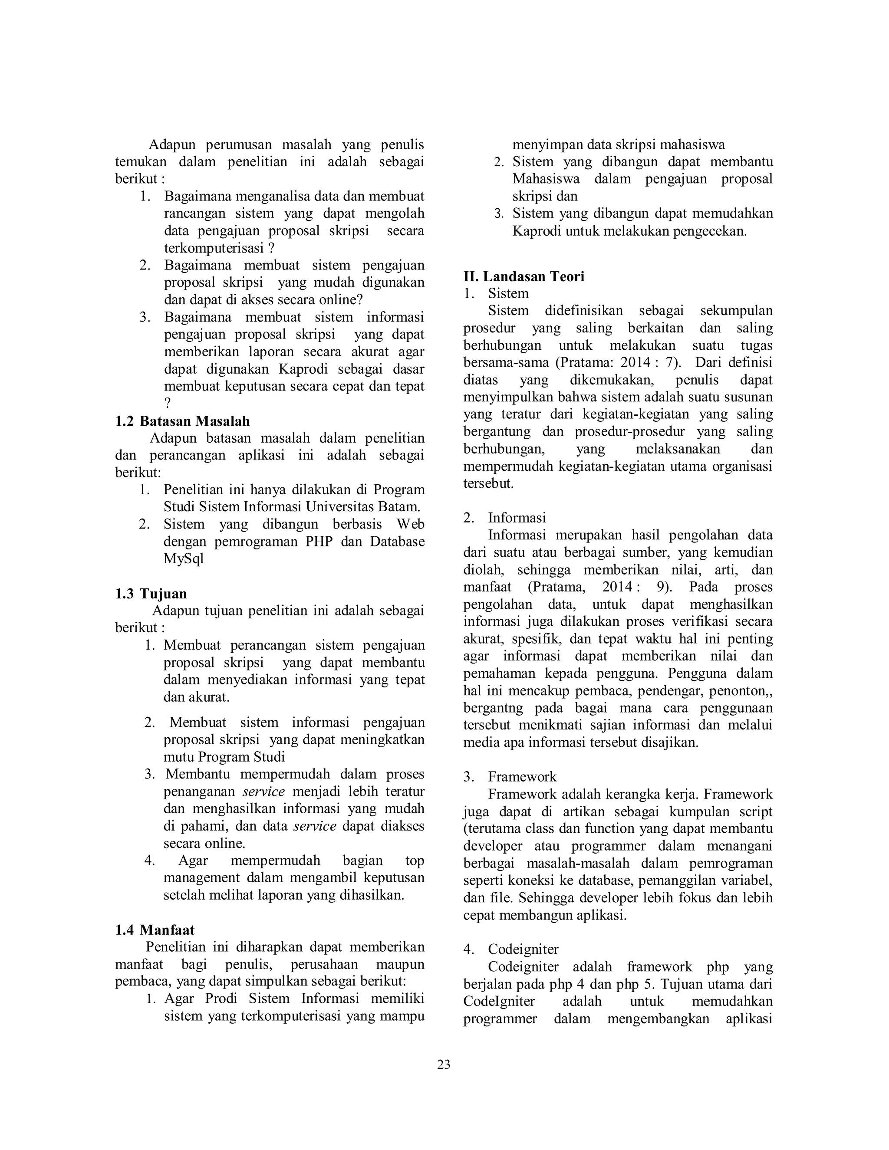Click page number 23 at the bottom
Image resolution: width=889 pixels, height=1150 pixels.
444,1065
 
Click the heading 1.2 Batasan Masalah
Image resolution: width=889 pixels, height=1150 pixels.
182,421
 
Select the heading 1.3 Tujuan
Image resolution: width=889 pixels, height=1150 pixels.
151,593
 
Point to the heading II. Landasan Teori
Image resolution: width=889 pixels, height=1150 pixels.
524,276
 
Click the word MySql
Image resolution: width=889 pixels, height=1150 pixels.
183,559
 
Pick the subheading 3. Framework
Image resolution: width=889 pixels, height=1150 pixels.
510,777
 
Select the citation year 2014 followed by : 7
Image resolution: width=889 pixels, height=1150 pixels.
635,363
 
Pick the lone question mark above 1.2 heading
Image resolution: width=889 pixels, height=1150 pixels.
168,404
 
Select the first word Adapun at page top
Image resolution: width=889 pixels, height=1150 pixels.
172,145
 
